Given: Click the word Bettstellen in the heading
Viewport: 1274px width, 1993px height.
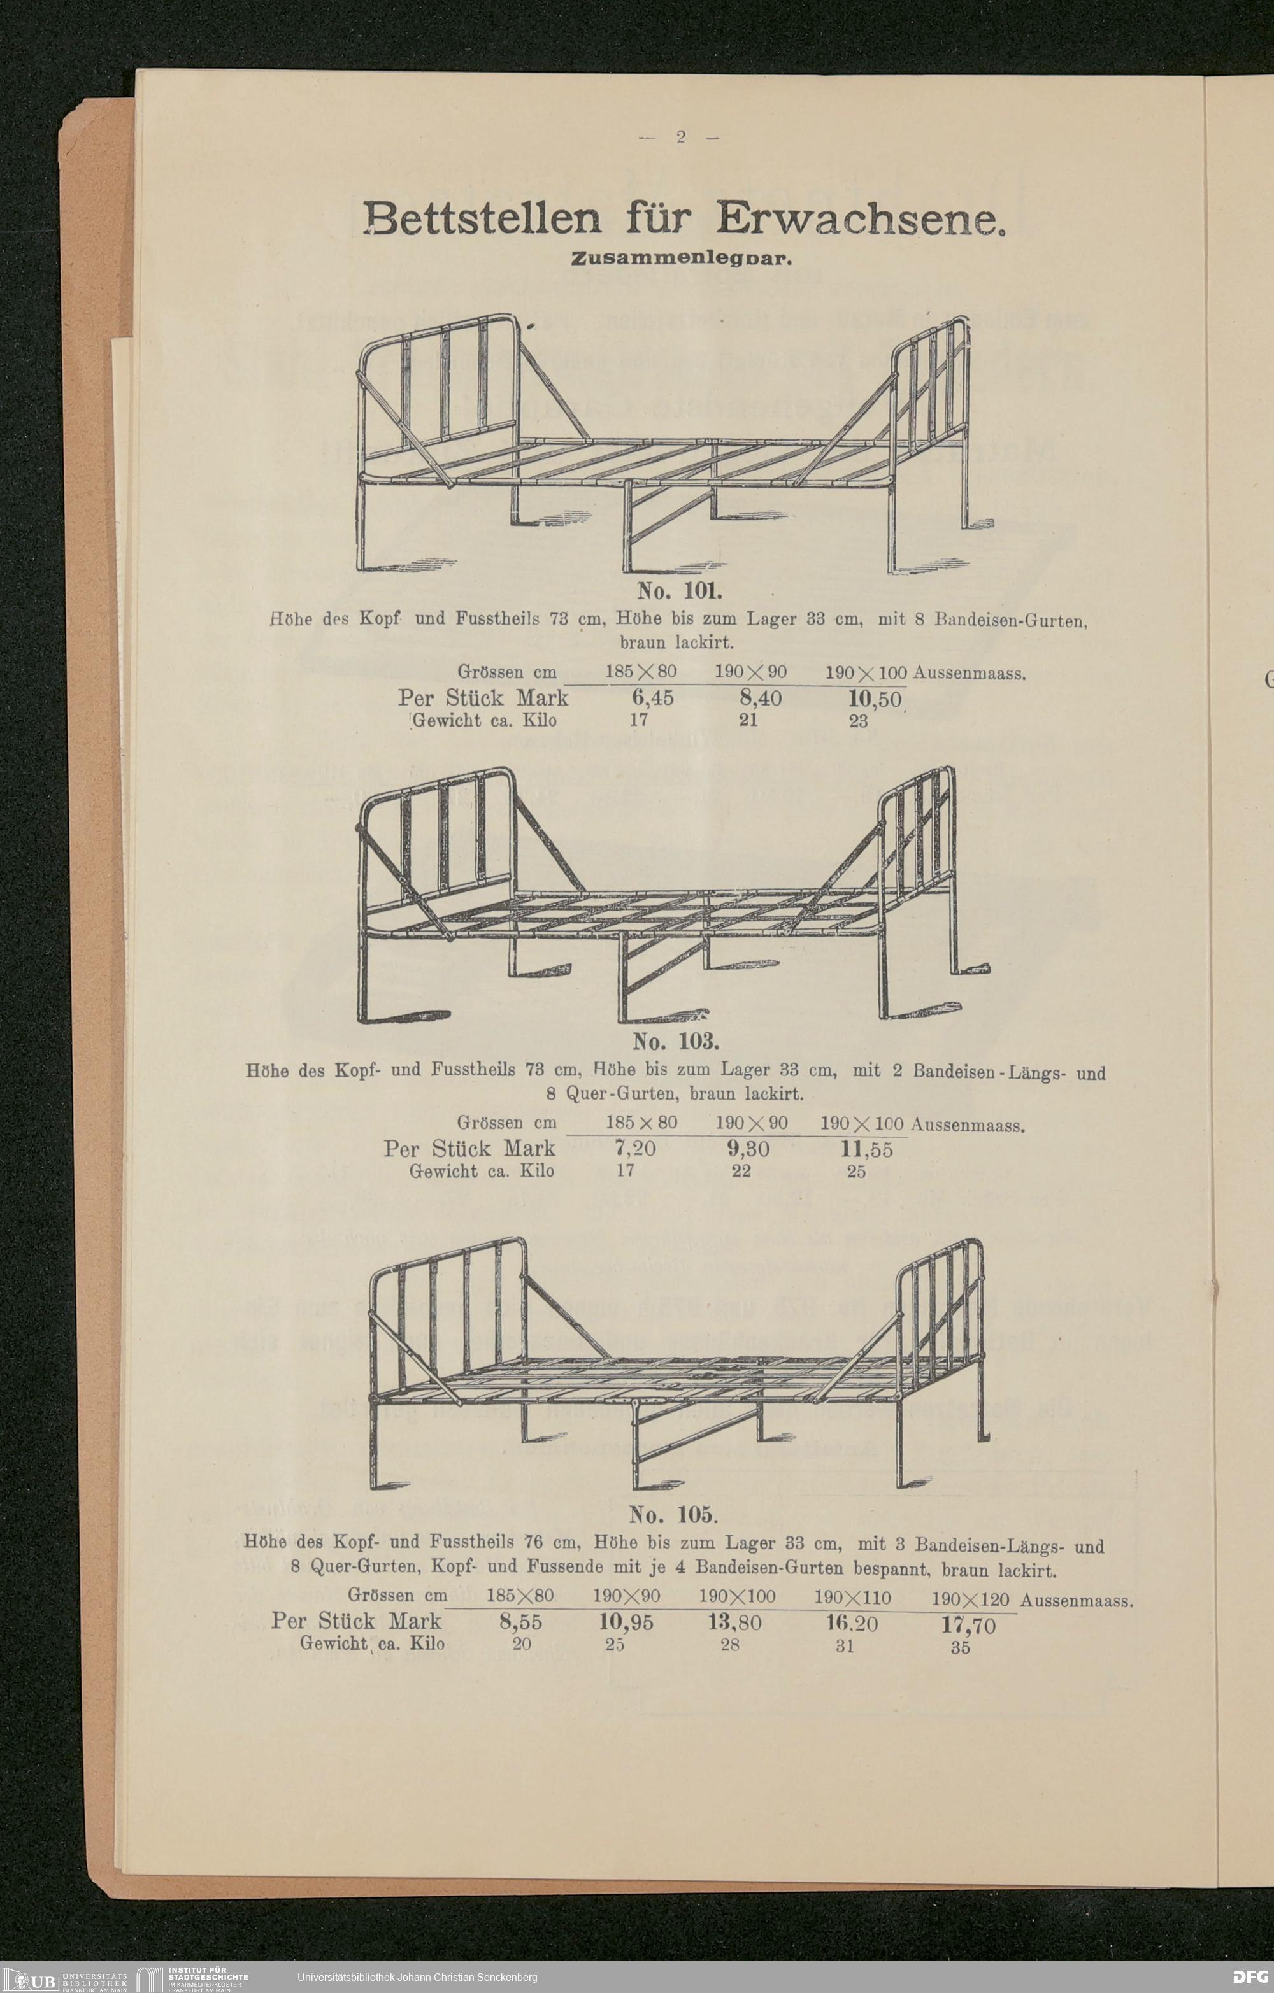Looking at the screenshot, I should tap(482, 218).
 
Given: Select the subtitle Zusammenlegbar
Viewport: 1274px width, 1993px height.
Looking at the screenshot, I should tap(682, 259).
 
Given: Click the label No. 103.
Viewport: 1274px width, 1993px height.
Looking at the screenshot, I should tap(675, 1040).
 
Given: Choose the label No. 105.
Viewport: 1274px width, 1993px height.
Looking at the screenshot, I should tap(673, 1515).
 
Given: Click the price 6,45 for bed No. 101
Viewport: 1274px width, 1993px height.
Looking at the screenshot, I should tap(652, 698).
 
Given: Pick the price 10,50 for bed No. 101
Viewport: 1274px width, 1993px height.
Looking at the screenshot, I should tap(874, 699).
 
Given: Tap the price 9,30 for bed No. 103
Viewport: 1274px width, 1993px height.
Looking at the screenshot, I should tap(747, 1149).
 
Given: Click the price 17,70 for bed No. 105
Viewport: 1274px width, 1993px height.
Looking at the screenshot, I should tap(968, 1626).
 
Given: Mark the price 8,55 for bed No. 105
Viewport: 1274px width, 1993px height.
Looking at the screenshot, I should tap(520, 1622).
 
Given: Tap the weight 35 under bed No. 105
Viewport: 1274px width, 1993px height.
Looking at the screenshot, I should tap(960, 1647).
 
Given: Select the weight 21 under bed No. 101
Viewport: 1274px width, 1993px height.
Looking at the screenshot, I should tap(748, 720).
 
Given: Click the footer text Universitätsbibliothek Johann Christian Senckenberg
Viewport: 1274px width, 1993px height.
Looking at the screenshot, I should tap(417, 1977).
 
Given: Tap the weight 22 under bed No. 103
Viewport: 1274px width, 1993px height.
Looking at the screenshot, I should tap(741, 1171).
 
